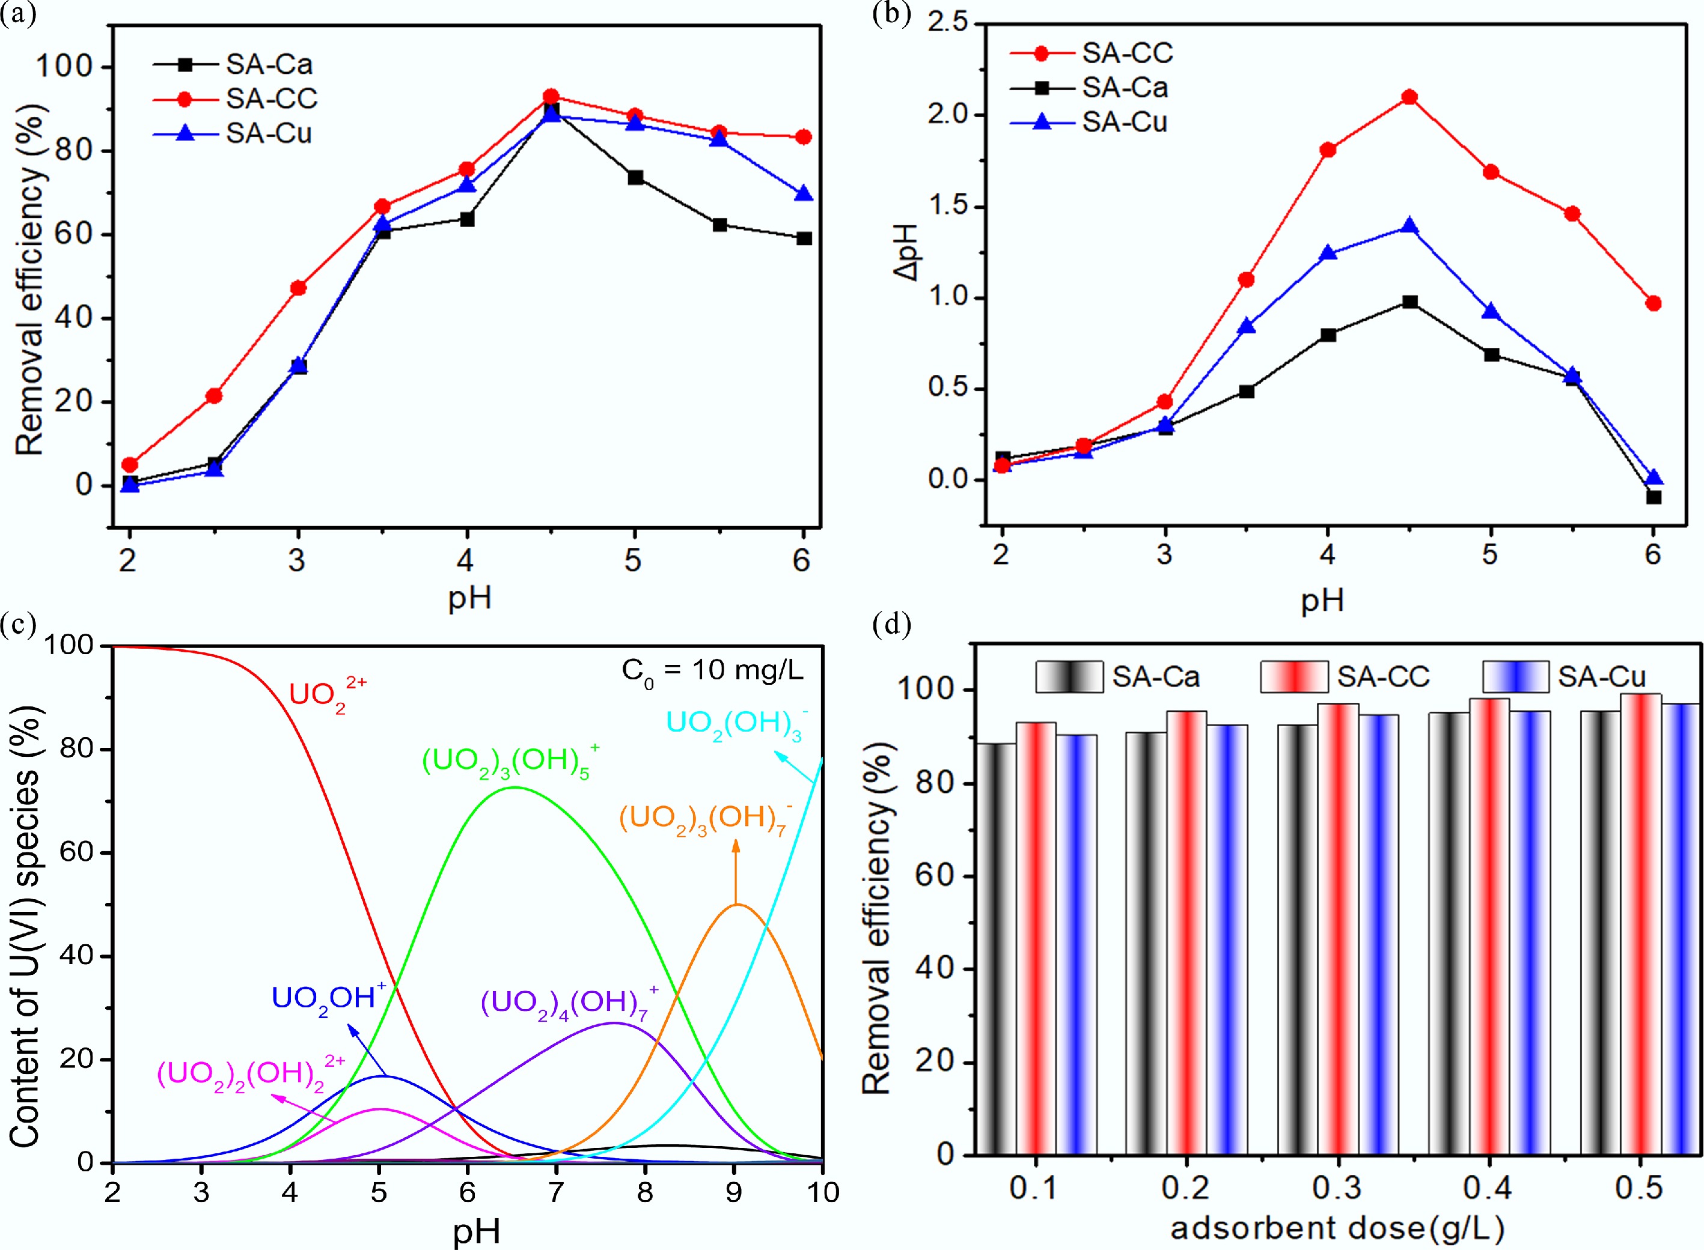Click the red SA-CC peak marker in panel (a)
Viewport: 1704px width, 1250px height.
pos(551,97)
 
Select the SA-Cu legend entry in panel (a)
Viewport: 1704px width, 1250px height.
pos(268,134)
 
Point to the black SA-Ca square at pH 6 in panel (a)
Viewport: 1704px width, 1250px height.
pos(804,238)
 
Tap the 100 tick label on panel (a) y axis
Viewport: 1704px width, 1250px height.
pos(64,67)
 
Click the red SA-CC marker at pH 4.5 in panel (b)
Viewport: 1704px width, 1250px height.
pos(1409,97)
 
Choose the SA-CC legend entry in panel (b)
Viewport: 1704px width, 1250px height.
pos(1126,53)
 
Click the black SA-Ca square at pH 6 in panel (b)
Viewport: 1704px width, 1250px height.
pos(1654,497)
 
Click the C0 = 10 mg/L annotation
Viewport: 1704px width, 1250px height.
pos(712,670)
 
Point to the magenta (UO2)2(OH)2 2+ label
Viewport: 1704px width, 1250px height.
pos(250,1073)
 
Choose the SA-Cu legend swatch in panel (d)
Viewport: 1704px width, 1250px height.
pos(1515,676)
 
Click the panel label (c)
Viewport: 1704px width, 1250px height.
pos(18,625)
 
